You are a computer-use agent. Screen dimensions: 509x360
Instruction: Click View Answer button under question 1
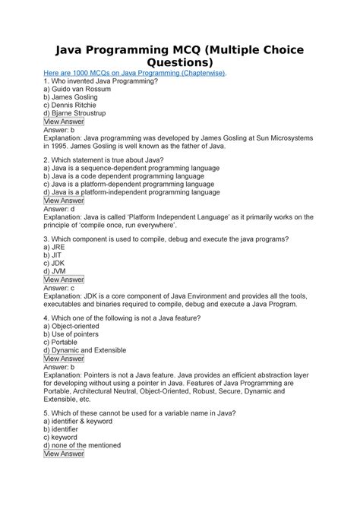64,122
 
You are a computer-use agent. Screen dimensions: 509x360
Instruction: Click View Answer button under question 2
64,201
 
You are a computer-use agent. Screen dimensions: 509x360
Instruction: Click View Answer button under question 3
64,280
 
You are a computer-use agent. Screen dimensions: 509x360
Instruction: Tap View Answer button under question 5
64,454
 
